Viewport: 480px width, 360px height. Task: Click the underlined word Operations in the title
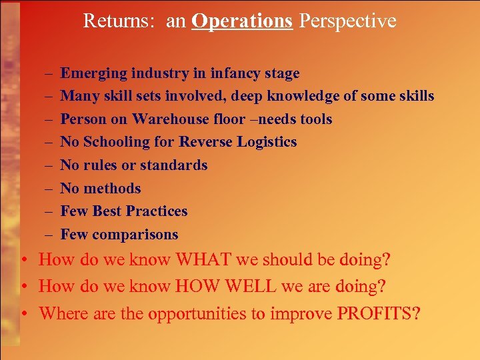tap(242, 21)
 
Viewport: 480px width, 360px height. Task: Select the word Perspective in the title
tap(347, 21)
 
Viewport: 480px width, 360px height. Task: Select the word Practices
tap(157, 211)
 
